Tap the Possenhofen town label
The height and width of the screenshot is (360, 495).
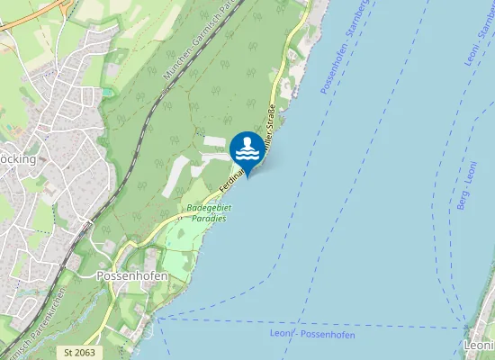point(131,275)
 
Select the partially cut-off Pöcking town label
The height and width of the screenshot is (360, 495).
point(17,158)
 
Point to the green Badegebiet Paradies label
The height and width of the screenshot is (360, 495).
point(209,212)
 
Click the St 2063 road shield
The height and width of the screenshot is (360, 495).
point(80,352)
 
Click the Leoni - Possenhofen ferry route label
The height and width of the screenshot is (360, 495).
point(312,335)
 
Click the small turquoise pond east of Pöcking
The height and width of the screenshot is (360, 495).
point(108,92)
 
